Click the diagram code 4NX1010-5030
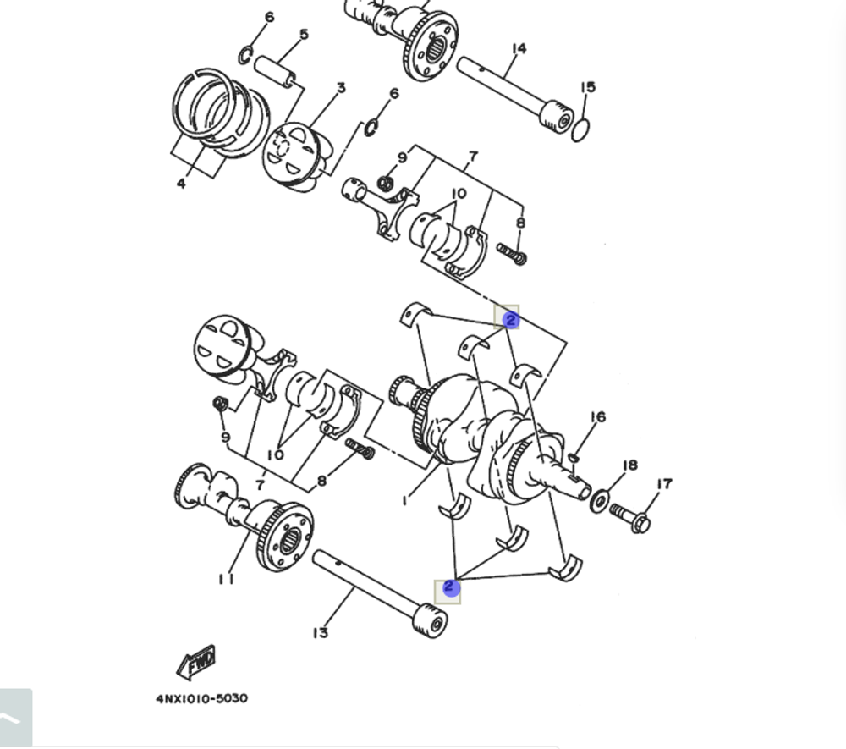pos(201,698)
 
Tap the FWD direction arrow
pos(196,661)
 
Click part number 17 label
pos(664,484)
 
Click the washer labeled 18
pos(598,501)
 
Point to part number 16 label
pos(598,417)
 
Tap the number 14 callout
pos(519,49)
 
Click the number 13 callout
pos(320,632)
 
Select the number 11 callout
pos(225,579)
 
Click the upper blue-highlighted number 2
pos(510,320)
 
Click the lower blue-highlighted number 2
pos(450,587)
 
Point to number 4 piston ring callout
pos(181,183)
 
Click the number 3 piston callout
pos(341,88)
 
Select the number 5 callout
pos(303,36)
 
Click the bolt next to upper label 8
pos(512,252)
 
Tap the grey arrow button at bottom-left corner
pos(15,718)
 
